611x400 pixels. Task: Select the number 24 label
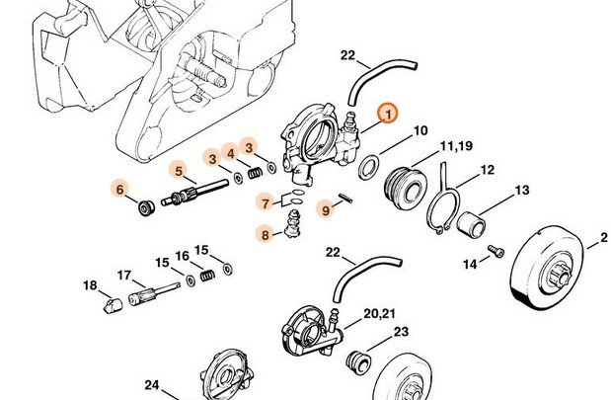152,384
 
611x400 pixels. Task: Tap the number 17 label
125,276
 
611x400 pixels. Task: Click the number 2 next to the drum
602,237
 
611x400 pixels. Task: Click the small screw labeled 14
497,256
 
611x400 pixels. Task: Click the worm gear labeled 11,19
406,186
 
